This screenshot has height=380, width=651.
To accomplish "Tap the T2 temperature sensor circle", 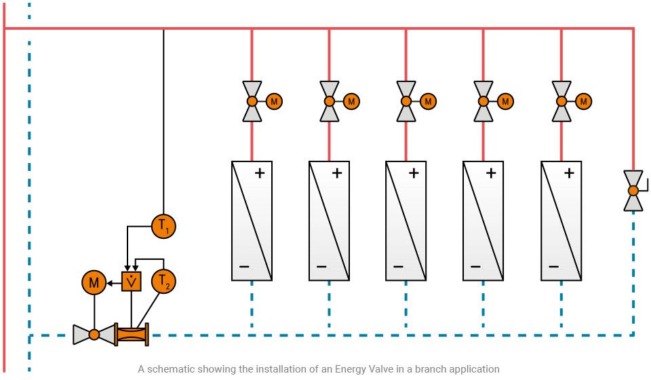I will pos(163,280).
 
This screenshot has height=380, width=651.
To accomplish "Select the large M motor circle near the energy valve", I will pos(94,280).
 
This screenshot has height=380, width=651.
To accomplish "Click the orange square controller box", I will pos(131,280).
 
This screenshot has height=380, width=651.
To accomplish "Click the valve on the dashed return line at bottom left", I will pos(94,334).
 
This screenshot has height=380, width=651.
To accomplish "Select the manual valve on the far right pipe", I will pos(633,191).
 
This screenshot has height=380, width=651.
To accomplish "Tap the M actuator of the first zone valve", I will pos(274,101).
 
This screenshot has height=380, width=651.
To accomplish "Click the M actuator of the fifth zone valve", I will pos(583,101).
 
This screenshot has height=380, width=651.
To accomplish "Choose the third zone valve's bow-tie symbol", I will pos(406,101).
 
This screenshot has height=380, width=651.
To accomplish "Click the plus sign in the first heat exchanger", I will pos(259,173).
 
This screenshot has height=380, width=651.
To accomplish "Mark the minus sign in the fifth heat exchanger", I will pos(553,266).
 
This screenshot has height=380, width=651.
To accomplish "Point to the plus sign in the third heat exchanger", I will pos(414,173).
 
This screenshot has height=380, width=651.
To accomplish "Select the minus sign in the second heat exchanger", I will pos(321,266).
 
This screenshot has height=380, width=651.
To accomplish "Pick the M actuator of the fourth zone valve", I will pos(505,101).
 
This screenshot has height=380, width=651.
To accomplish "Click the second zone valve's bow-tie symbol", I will pos(329,101).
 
